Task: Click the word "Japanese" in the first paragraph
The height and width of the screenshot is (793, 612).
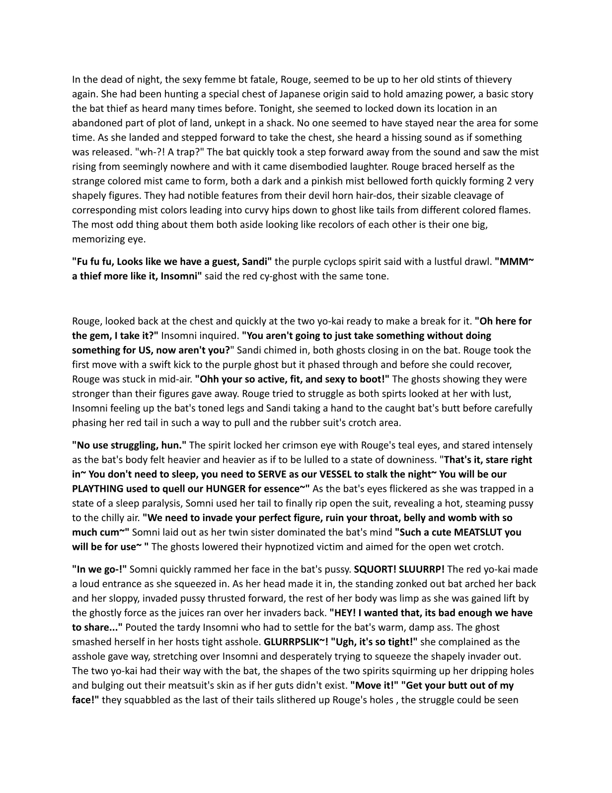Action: (x=276, y=94)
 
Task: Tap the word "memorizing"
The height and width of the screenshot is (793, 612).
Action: (x=95, y=239)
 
